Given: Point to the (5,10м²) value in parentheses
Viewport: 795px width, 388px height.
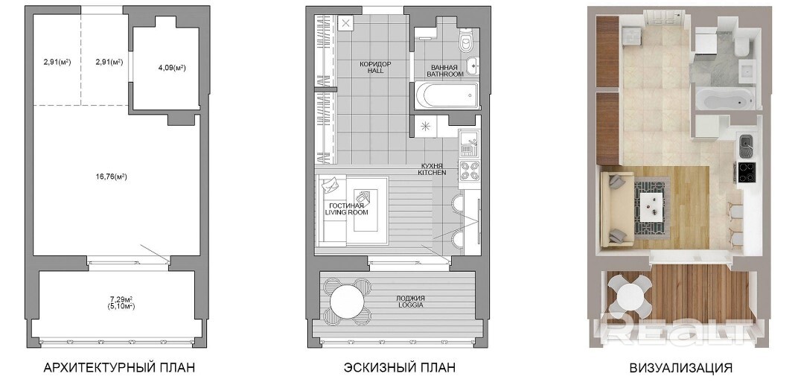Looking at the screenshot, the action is pos(121,306).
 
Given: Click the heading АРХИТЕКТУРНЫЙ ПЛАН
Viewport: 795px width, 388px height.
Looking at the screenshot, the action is pos(119,368).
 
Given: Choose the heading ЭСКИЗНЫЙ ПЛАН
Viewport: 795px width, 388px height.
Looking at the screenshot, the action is pos(400,368).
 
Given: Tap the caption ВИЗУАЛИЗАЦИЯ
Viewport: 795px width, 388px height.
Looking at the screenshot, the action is pos(680,368).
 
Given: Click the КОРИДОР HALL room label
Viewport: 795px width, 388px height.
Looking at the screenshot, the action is pos(376,68).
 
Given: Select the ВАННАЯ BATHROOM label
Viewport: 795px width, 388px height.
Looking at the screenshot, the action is pos(445,71).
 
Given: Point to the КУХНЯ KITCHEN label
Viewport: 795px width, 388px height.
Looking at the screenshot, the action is pos(432,169).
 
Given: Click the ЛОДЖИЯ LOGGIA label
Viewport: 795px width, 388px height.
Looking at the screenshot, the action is pos(410,302).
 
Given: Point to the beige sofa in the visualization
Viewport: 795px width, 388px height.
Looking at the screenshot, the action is pos(616,209).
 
